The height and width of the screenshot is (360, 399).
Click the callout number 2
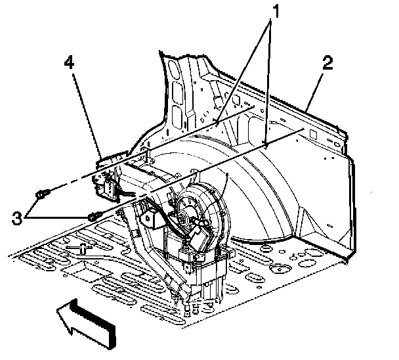[x=327, y=64]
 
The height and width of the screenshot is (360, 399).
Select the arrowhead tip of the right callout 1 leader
[x=265, y=143]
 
